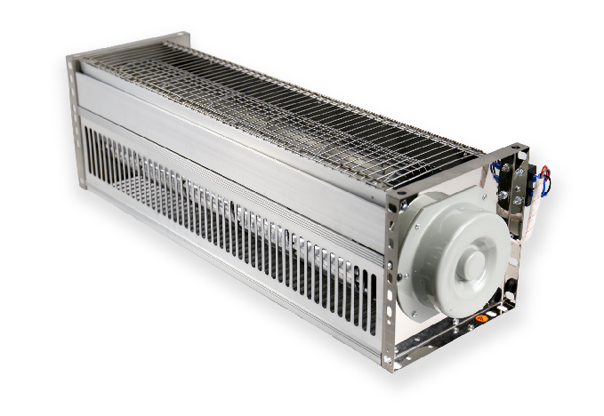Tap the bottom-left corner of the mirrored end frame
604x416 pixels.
389,362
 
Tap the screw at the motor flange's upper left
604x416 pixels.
405,204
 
